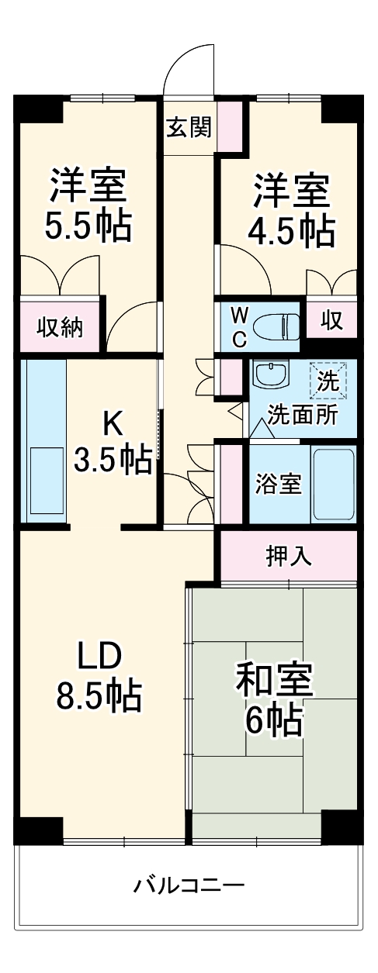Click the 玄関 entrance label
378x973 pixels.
coord(188,127)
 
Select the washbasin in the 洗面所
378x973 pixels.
coord(270,376)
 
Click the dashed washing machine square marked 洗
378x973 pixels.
coord(328,380)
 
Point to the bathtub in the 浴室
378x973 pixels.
coord(333,485)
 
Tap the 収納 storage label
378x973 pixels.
coord(60,327)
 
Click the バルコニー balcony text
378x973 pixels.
coord(189,884)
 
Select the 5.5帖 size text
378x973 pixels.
coord(87,226)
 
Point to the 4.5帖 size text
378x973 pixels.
coord(292,230)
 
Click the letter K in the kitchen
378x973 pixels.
coord(113,423)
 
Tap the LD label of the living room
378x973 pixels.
coord(99,657)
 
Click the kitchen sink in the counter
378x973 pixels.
coord(46,481)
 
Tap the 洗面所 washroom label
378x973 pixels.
coord(303,415)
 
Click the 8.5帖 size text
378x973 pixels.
coord(99,695)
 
